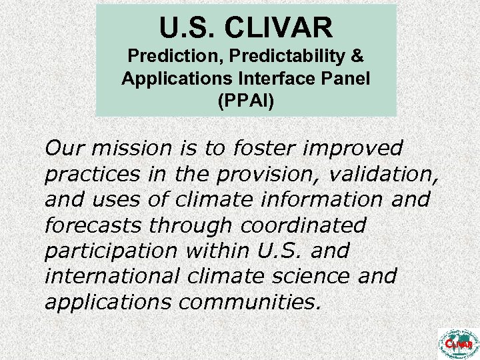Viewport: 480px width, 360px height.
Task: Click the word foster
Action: pos(257,148)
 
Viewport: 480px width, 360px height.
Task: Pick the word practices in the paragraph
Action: pos(89,174)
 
